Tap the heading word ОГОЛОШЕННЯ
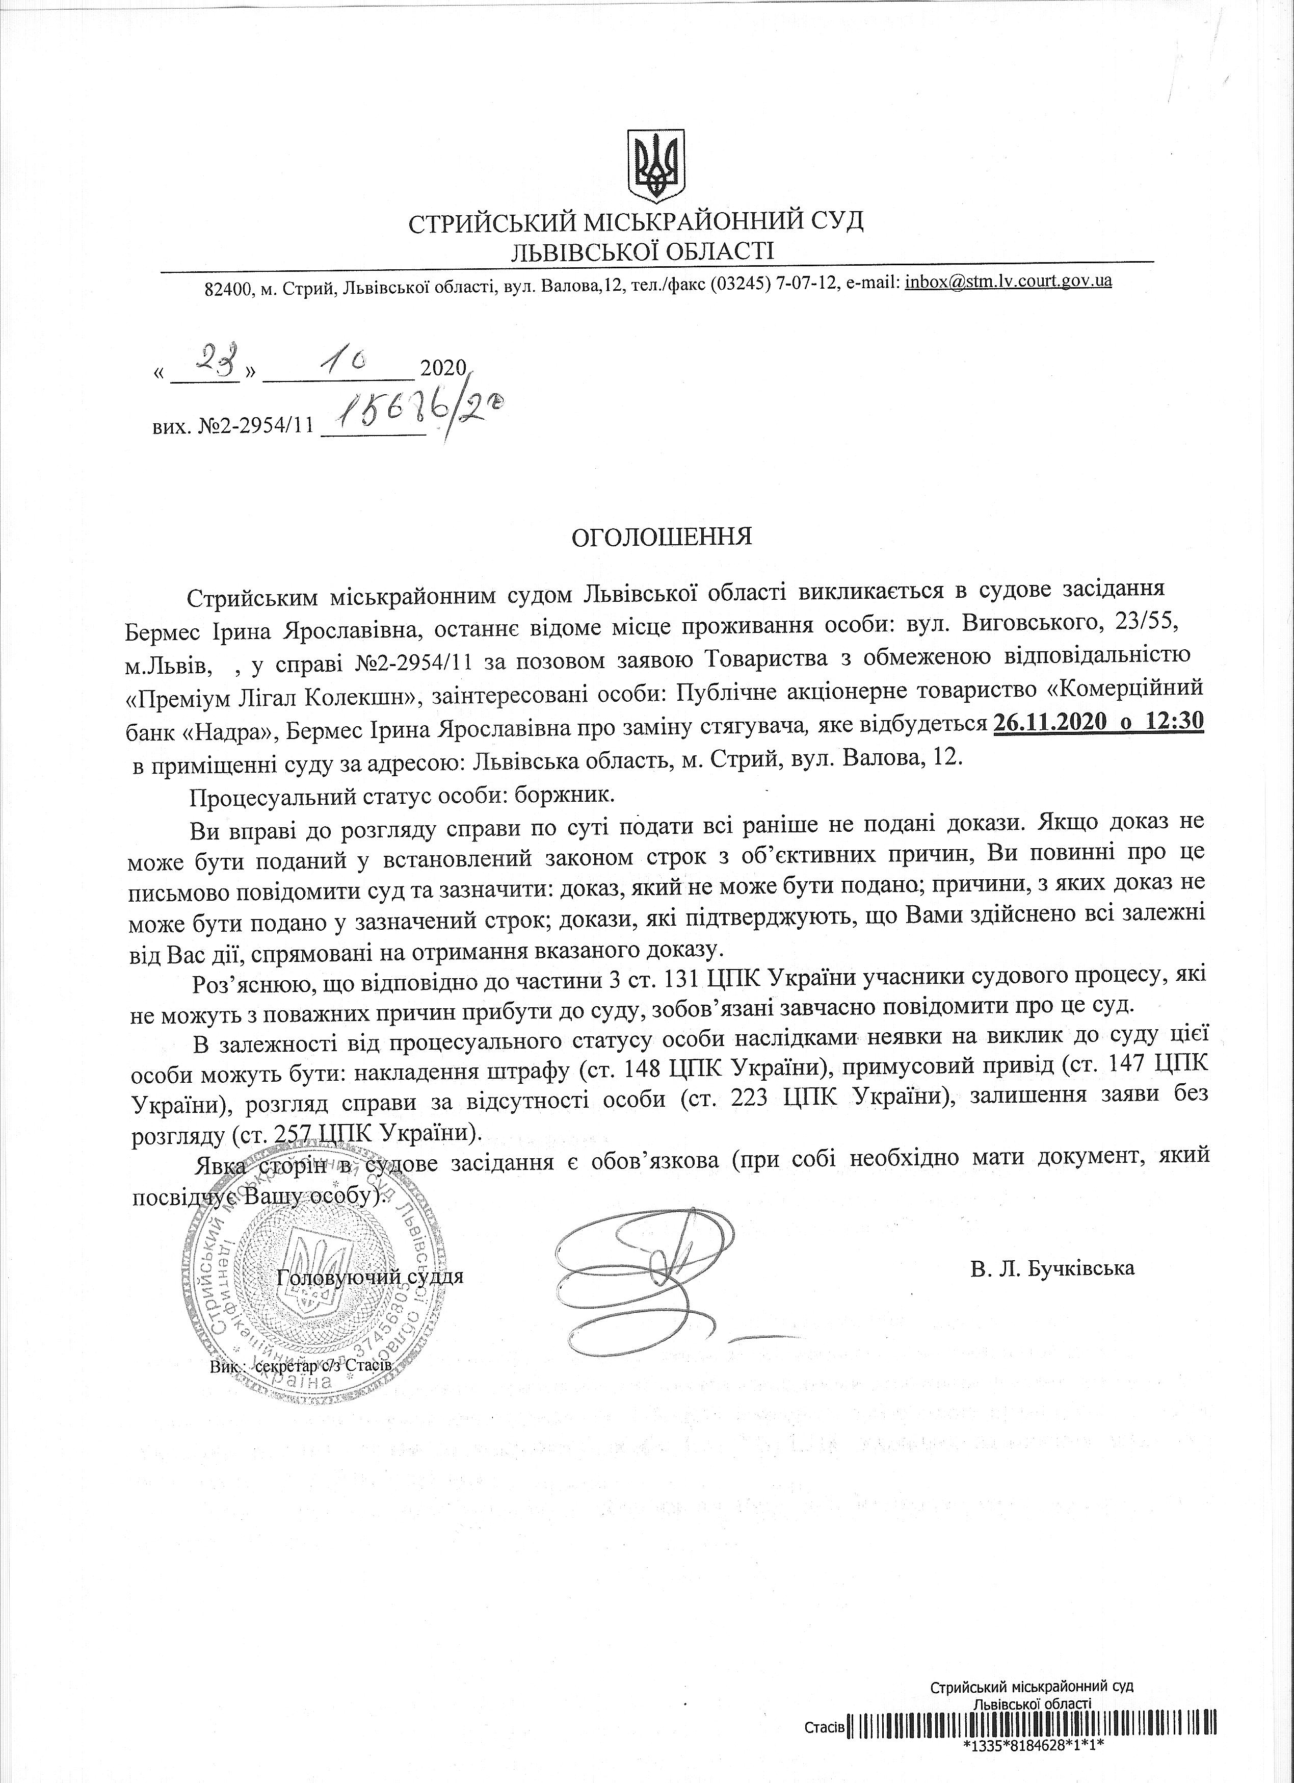pyautogui.click(x=661, y=537)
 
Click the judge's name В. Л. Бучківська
pyautogui.click(x=1052, y=1267)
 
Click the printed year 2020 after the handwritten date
pyautogui.click(x=444, y=367)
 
